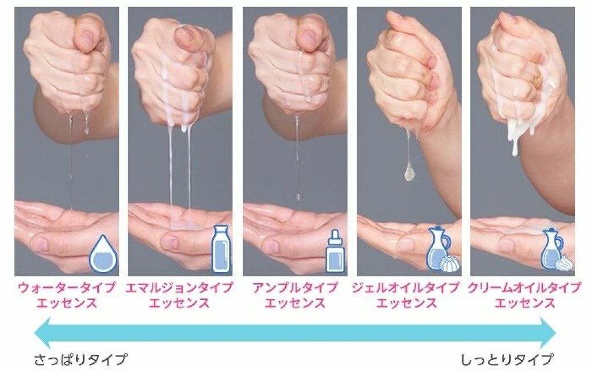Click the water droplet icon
(103, 254)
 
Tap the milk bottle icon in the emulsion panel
(221, 248)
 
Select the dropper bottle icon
(335, 251)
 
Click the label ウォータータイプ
(66, 288)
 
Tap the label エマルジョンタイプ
(179, 288)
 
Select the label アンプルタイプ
(295, 288)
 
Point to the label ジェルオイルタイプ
(406, 288)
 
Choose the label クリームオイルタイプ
(524, 288)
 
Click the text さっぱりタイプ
(80, 359)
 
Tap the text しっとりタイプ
(508, 359)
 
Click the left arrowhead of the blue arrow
(42, 333)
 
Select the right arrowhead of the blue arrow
(548, 333)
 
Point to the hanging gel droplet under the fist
(409, 173)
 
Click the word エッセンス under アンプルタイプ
(295, 303)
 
